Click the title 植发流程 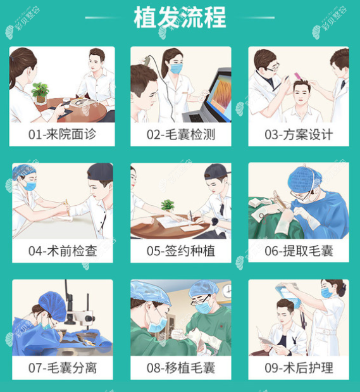(180, 18)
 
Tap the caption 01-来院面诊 (61, 135)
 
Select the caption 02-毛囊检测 (180, 135)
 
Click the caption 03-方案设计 (299, 135)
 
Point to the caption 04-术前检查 (61, 251)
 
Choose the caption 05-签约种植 (180, 251)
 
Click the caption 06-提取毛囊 (299, 251)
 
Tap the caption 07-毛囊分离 (61, 367)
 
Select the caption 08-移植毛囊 (180, 367)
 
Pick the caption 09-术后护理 (299, 367)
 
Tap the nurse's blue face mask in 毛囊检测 (175, 68)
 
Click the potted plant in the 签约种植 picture (168, 206)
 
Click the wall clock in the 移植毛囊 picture (226, 289)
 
